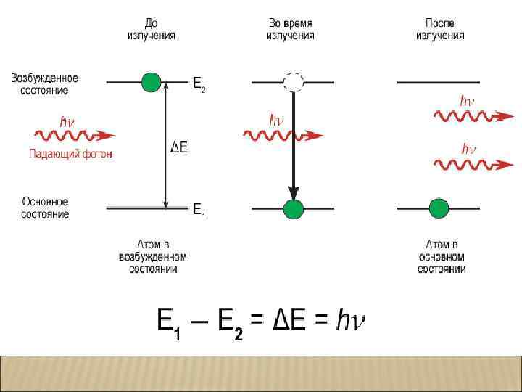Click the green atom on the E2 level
[x=150, y=82]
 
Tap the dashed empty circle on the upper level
[x=293, y=82]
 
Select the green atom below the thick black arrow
[x=293, y=209]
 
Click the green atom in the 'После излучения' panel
[x=439, y=209]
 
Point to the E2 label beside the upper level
[x=199, y=85]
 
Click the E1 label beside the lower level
[x=199, y=211]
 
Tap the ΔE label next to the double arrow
[x=179, y=147]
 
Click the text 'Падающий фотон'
[x=70, y=154]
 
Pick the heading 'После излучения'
[x=440, y=29]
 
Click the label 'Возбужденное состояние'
[x=44, y=84]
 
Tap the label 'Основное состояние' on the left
[x=45, y=208]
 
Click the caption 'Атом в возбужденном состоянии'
[x=152, y=257]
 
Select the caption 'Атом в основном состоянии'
[x=442, y=257]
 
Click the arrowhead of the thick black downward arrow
[x=293, y=192]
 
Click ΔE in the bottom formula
[x=289, y=319]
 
